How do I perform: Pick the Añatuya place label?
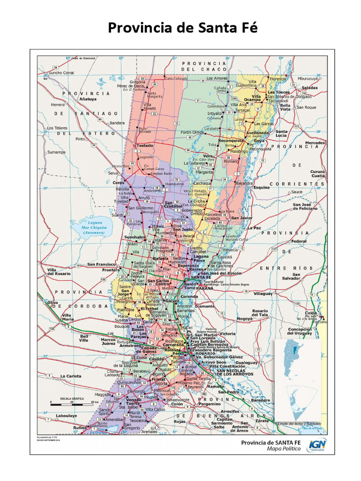click(88, 99)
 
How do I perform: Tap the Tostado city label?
click(145, 146)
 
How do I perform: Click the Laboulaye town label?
click(66, 416)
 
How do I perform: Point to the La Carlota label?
click(71, 376)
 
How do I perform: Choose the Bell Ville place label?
click(84, 338)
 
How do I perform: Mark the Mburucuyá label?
click(305, 78)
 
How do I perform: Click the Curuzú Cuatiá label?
click(317, 174)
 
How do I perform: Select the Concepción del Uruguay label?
click(300, 332)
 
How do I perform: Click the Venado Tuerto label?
click(133, 401)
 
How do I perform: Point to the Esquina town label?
click(262, 187)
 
